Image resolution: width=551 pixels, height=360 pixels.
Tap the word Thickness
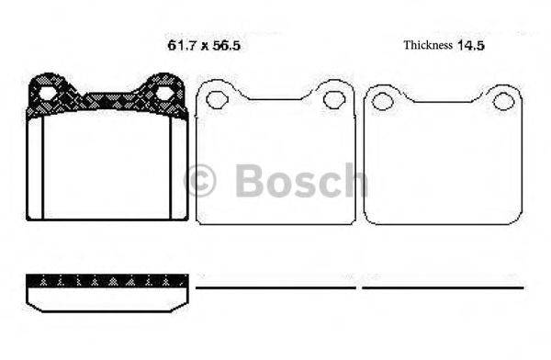pyautogui.click(x=429, y=44)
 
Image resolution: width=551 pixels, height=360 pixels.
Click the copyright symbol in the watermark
pyautogui.click(x=200, y=181)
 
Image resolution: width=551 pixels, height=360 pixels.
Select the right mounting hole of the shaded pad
pyautogui.click(x=164, y=93)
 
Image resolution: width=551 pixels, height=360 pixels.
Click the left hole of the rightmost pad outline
pyautogui.click(x=384, y=100)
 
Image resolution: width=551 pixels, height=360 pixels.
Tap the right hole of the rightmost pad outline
pyautogui.click(x=502, y=100)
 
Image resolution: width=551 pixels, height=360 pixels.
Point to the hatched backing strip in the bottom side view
pyautogui.click(x=107, y=279)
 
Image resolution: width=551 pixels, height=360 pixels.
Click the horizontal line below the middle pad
pyautogui.click(x=275, y=288)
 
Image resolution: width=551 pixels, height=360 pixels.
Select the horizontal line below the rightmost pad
pyautogui.click(x=443, y=288)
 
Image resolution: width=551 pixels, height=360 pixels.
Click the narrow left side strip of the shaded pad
pyautogui.click(x=35, y=170)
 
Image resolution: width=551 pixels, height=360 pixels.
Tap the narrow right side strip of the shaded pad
pyautogui.click(x=179, y=170)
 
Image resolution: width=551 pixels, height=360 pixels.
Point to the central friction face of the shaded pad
pyautogui.click(x=107, y=170)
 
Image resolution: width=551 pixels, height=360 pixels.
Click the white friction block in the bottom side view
pyautogui.click(x=107, y=297)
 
